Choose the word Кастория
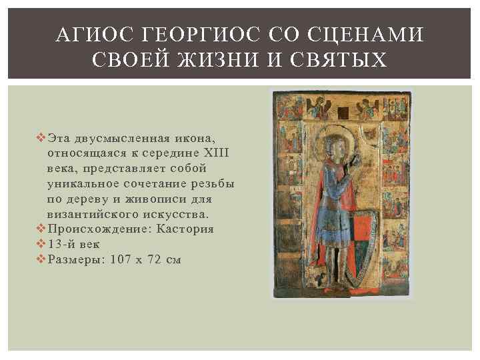[185, 229]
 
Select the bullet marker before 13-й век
[42, 244]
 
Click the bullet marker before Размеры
[42, 259]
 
